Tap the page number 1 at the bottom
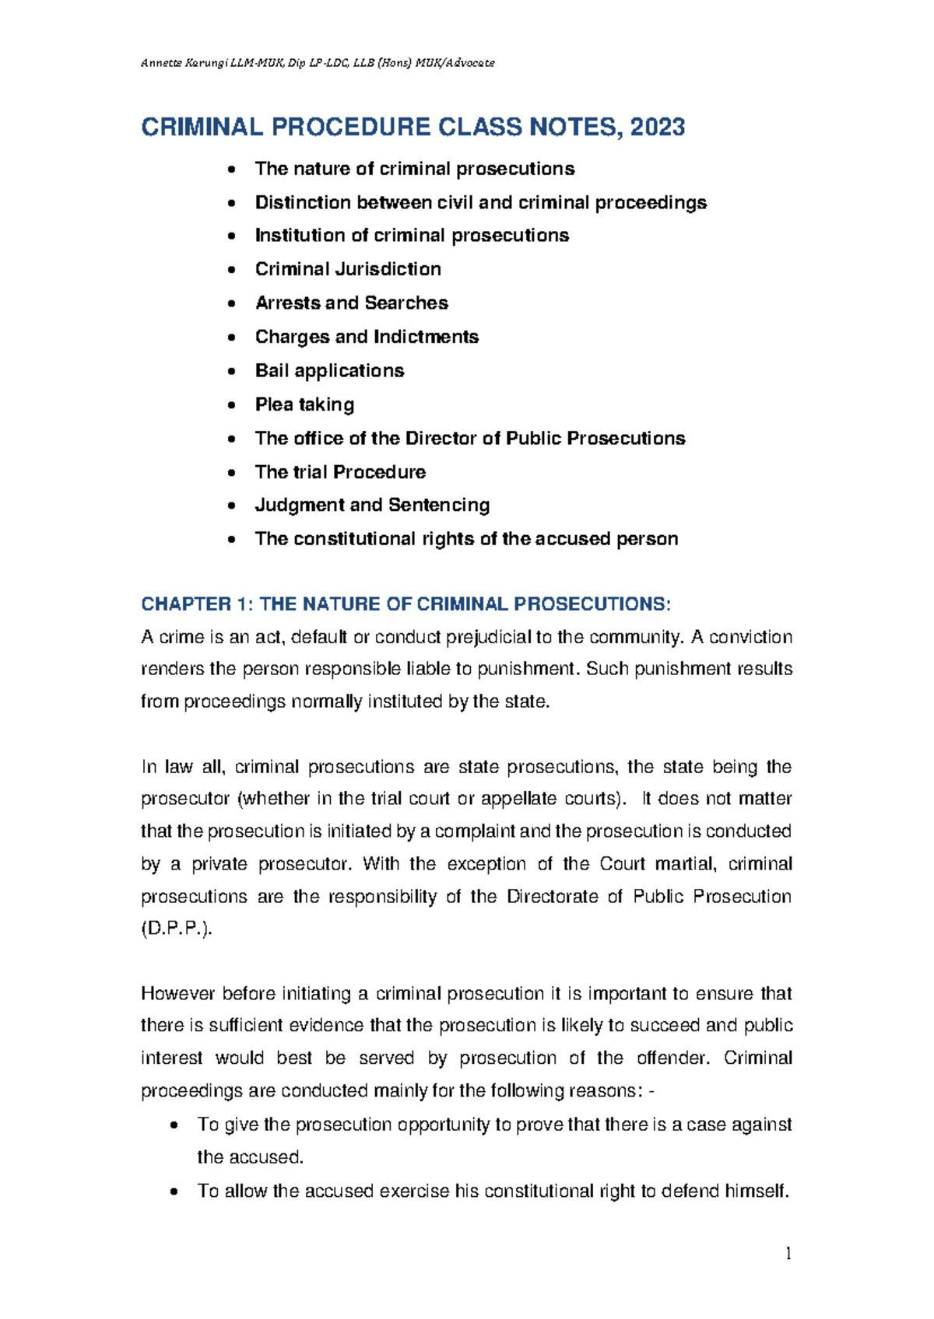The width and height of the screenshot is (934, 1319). tap(788, 1253)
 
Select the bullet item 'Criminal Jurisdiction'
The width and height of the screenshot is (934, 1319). tap(348, 269)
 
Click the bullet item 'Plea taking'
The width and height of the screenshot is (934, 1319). tap(304, 404)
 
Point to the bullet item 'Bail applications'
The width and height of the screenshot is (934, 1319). tap(329, 370)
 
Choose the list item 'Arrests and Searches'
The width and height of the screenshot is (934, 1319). tap(351, 303)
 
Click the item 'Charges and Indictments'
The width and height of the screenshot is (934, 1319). tap(367, 337)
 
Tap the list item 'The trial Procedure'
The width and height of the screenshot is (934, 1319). tap(340, 472)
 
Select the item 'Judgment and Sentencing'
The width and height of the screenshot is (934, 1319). tap(372, 506)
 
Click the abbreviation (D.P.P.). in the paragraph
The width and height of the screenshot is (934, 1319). tap(176, 929)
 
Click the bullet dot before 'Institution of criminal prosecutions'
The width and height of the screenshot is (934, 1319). tap(231, 236)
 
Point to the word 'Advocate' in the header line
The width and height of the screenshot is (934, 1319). tap(470, 63)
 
